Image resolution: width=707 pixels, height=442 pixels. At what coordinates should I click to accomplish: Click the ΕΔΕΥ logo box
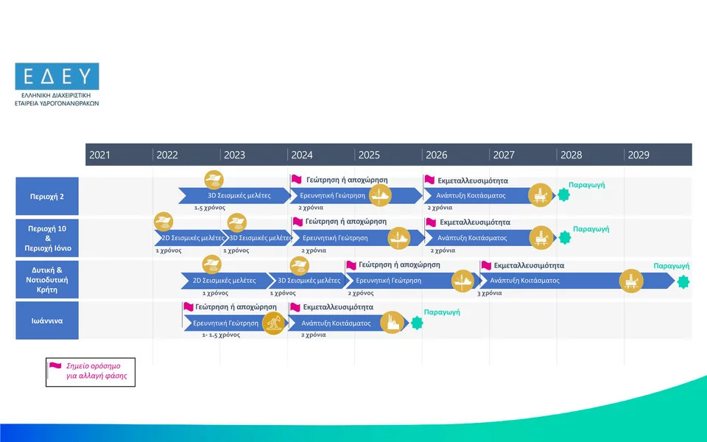coord(57,76)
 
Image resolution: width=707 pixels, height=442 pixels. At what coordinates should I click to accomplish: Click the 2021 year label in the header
coord(99,155)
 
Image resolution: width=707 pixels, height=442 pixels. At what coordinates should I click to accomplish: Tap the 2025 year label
coord(369,155)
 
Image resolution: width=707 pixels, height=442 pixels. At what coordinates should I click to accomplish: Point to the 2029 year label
coord(639,155)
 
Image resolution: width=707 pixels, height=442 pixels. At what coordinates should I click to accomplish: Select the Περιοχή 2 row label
coord(47,196)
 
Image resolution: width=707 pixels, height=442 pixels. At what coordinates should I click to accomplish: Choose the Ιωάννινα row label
coord(47,320)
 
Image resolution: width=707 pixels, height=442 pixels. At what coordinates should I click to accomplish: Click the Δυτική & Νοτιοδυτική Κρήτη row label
coord(47,280)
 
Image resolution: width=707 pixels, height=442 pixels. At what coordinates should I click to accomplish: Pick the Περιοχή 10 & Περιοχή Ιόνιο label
coord(47,238)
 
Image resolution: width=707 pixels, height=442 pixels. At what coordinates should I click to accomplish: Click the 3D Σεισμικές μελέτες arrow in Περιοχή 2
coord(235,196)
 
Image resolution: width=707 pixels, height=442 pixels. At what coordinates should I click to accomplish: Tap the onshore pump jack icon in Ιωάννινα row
coord(274,323)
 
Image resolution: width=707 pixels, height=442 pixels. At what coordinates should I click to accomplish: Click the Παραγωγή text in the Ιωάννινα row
coord(442,312)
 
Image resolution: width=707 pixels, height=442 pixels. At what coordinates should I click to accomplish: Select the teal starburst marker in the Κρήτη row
coord(683,282)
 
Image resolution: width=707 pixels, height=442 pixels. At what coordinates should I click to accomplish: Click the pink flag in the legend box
coord(55,365)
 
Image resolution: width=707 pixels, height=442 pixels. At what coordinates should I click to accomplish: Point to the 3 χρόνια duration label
coord(490,293)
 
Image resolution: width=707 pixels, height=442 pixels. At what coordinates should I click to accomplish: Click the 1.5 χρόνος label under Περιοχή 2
coord(210,208)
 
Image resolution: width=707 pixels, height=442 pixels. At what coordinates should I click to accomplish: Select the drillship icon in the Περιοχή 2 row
coord(380,195)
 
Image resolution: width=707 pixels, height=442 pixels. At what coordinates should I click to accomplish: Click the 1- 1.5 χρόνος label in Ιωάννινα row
coord(221,335)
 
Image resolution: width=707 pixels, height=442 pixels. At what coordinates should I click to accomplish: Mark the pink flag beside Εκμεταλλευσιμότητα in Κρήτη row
coord(486,265)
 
